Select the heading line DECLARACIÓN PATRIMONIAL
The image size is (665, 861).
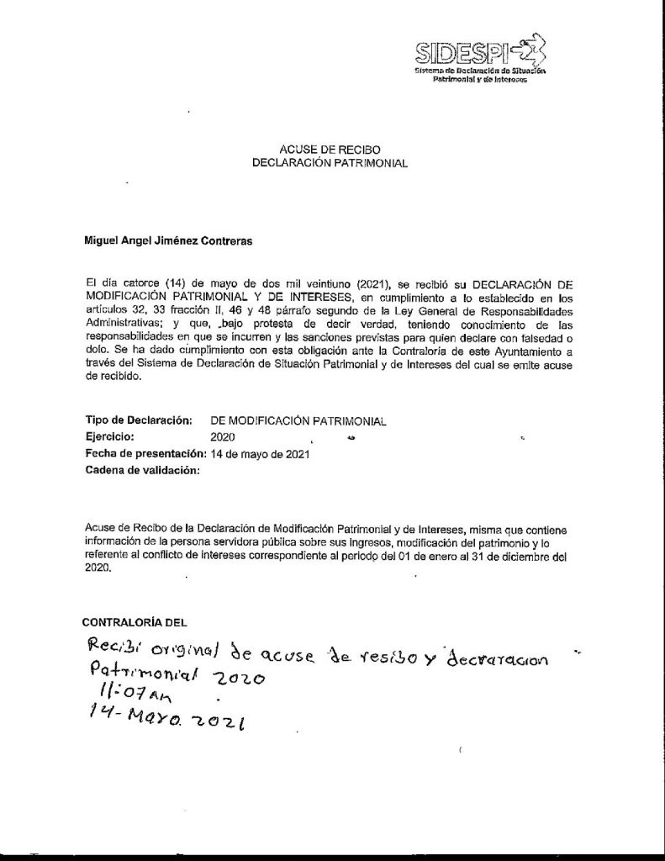tap(330, 163)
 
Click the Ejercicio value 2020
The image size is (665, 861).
tap(223, 437)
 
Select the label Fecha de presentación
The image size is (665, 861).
tap(146, 454)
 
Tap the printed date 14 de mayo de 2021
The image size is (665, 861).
tap(261, 454)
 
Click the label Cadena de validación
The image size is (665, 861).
tap(143, 471)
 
